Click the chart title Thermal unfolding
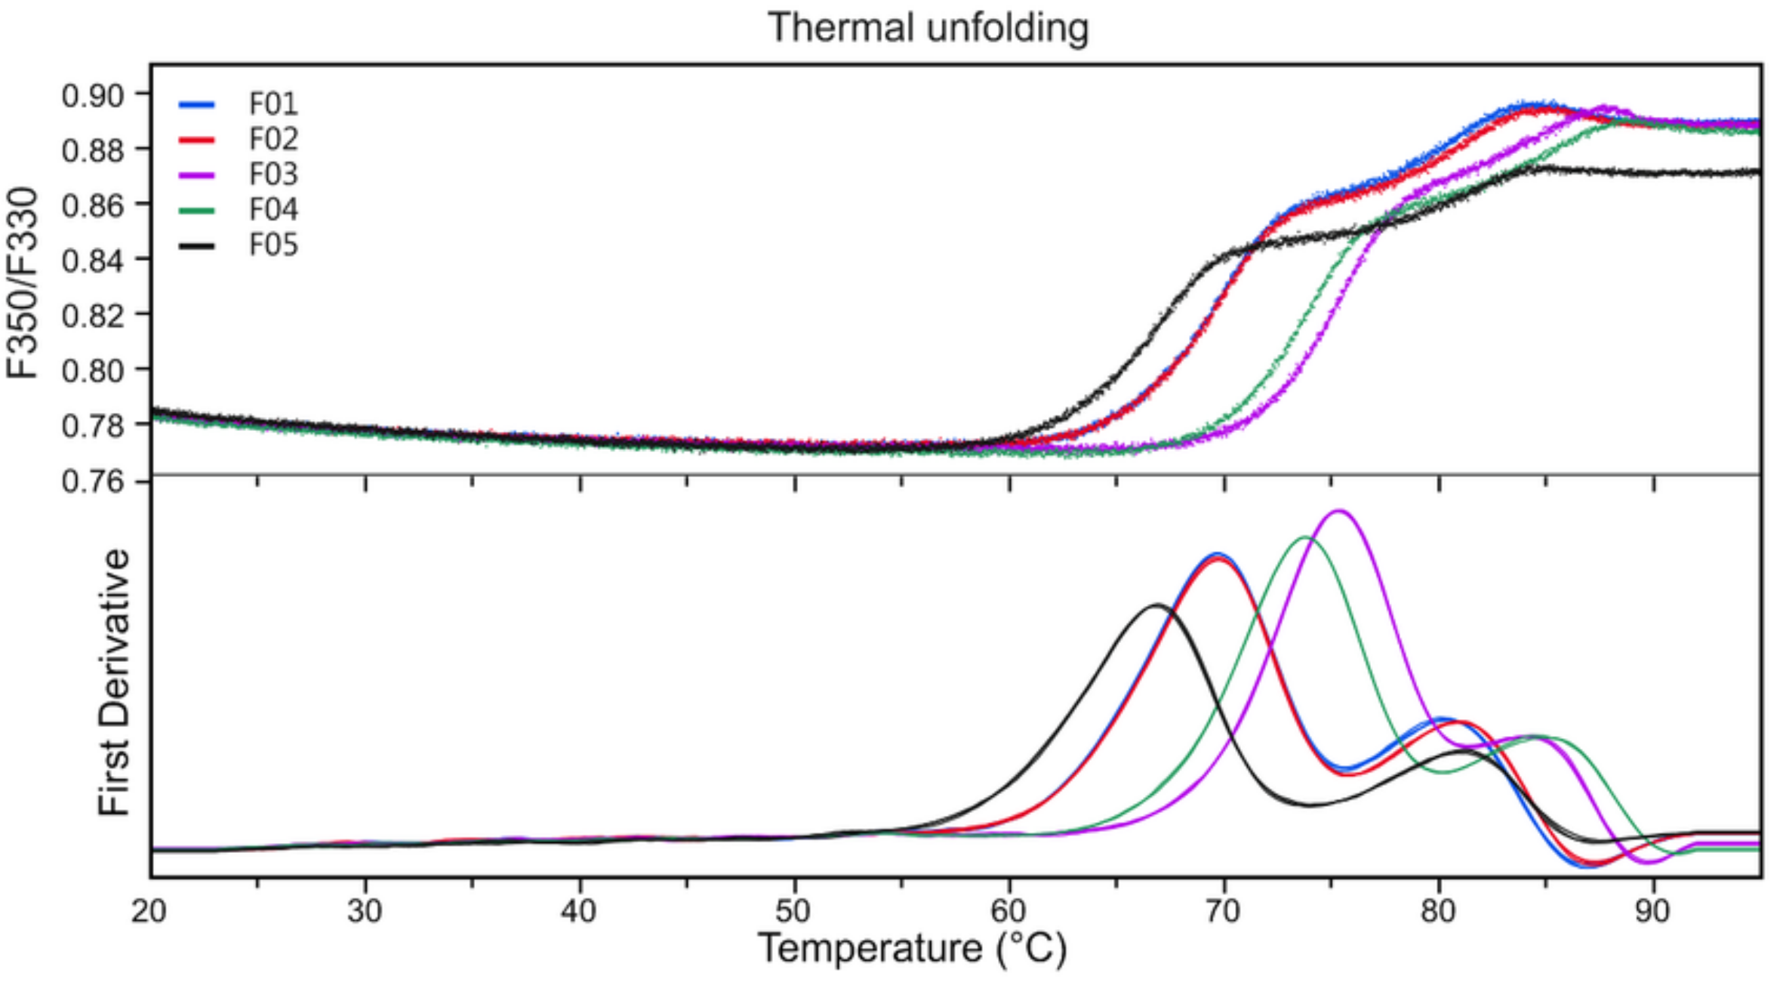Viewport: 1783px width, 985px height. pyautogui.click(x=928, y=28)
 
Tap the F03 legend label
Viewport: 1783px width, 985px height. pyautogui.click(x=273, y=174)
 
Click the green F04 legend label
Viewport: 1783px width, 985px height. pyautogui.click(x=273, y=209)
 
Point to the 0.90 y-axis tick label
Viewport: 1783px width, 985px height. pyautogui.click(x=93, y=96)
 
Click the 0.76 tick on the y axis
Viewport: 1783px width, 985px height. pyautogui.click(x=93, y=481)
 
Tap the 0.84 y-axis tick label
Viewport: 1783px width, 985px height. pyautogui.click(x=93, y=260)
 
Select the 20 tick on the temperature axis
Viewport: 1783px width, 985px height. pyautogui.click(x=149, y=912)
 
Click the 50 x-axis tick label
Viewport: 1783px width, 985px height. pyautogui.click(x=793, y=912)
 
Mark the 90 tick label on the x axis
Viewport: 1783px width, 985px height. pyautogui.click(x=1652, y=912)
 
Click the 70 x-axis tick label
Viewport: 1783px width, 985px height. pyautogui.click(x=1223, y=912)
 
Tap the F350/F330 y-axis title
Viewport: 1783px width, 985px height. pyautogui.click(x=23, y=283)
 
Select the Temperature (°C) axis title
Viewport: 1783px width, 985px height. pyautogui.click(x=913, y=949)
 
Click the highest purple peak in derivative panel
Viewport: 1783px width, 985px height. pyautogui.click(x=1340, y=512)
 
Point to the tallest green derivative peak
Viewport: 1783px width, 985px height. pyautogui.click(x=1305, y=537)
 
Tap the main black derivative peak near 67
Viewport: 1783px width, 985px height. pyautogui.click(x=1156, y=605)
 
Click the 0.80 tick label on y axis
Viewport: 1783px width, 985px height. pyautogui.click(x=93, y=371)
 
